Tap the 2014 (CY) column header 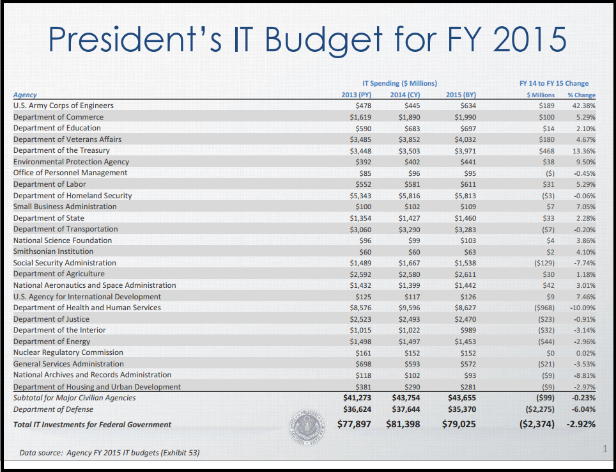(x=405, y=95)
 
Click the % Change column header (x=581, y=95)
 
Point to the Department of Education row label (x=53, y=128)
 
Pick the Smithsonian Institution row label (x=53, y=251)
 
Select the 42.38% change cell (x=584, y=106)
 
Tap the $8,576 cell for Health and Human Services (x=360, y=308)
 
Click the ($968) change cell (x=544, y=308)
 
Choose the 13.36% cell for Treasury (x=584, y=150)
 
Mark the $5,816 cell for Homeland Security (x=408, y=195)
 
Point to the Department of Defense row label (x=53, y=409)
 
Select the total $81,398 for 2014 (x=403, y=424)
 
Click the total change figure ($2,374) (x=536, y=424)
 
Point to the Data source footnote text (x=109, y=453)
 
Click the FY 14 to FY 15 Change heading (x=554, y=83)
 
